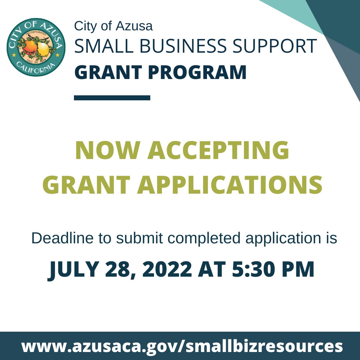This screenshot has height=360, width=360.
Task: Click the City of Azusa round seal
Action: click(x=36, y=47)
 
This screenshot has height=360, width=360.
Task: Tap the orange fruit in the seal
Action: click(x=30, y=48)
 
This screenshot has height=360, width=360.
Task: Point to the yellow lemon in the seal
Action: click(x=42, y=49)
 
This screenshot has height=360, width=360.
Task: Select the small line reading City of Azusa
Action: click(x=113, y=26)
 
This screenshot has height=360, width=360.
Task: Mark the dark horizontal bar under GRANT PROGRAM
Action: click(x=112, y=98)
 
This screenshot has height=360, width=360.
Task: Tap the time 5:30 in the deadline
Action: click(x=253, y=269)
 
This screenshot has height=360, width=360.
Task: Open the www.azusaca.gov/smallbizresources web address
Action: click(x=182, y=346)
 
